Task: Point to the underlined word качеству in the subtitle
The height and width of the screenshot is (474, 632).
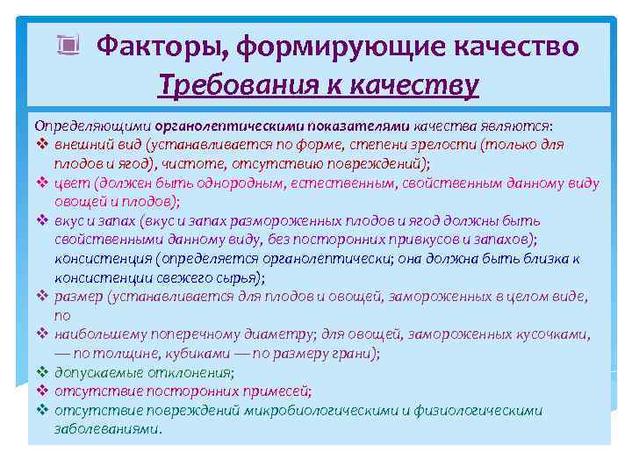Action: [416, 85]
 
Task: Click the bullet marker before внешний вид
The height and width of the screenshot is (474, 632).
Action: [41, 145]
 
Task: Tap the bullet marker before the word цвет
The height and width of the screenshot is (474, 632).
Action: [41, 183]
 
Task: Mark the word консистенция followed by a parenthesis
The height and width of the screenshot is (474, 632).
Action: [102, 260]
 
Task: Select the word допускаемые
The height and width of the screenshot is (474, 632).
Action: [96, 373]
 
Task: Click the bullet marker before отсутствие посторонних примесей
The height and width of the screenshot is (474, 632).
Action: [41, 391]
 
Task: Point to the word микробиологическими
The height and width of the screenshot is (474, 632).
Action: [319, 411]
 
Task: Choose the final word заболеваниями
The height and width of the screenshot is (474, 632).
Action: [107, 430]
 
